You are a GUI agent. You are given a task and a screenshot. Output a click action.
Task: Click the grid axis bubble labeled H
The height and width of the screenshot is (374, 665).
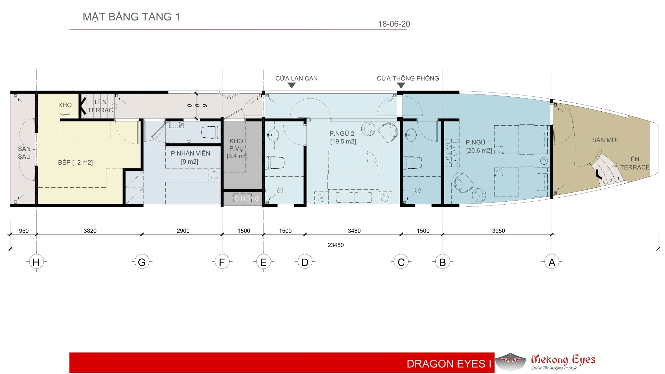(x=36, y=262)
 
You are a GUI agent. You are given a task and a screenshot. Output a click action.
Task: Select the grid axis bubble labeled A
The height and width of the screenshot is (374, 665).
(x=552, y=262)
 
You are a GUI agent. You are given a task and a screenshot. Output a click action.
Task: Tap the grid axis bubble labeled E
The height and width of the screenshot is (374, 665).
(x=263, y=262)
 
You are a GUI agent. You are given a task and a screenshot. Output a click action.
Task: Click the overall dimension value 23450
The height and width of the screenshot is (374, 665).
(x=335, y=245)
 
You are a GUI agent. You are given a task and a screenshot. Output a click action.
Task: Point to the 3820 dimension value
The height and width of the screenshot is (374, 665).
(x=90, y=231)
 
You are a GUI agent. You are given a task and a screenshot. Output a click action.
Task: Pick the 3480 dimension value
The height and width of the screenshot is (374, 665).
(x=354, y=231)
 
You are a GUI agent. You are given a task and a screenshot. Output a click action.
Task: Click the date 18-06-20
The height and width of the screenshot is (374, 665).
(x=394, y=24)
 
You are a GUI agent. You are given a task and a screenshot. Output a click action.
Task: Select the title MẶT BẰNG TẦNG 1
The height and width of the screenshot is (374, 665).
(x=132, y=17)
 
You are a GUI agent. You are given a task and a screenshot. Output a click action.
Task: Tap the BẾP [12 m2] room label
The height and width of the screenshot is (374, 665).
(x=75, y=162)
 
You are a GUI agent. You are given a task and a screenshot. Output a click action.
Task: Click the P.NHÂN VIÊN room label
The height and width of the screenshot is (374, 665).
(x=190, y=154)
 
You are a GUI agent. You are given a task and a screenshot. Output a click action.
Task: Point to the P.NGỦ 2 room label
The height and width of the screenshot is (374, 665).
(x=342, y=133)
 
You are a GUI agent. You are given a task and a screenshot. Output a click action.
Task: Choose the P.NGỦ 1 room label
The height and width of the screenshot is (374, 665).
(x=478, y=143)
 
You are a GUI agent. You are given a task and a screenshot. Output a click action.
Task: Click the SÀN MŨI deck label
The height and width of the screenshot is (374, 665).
(x=605, y=140)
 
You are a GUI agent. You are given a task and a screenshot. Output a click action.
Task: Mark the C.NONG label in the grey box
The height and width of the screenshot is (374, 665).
(x=247, y=198)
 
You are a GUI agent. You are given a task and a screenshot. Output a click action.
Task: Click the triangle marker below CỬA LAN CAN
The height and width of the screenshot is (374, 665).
(x=292, y=85)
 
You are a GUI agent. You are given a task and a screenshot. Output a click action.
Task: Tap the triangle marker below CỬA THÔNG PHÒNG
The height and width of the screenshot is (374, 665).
(x=401, y=85)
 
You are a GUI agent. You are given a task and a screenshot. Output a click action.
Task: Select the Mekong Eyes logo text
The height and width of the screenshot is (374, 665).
(x=563, y=360)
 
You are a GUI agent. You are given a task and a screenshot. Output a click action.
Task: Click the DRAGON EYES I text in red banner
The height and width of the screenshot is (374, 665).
(x=449, y=364)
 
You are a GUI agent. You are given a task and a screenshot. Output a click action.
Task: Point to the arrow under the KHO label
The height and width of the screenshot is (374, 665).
(x=65, y=113)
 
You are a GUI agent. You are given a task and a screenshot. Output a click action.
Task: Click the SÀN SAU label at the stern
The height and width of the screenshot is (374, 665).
(x=24, y=153)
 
